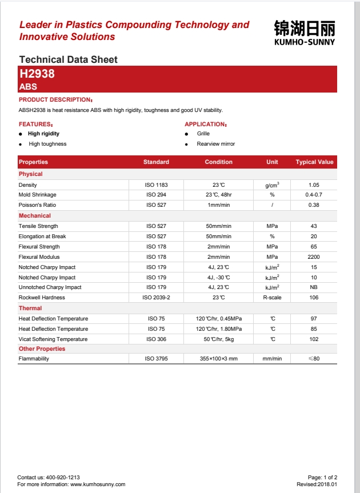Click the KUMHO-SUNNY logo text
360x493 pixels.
click(x=305, y=42)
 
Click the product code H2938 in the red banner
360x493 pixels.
click(x=37, y=74)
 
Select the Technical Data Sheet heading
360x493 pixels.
click(x=68, y=59)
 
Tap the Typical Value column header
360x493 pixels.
click(x=314, y=162)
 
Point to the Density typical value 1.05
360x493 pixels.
click(x=314, y=185)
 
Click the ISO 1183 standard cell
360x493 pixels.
click(x=156, y=185)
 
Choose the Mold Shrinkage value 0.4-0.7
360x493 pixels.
click(x=314, y=195)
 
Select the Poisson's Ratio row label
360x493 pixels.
click(x=37, y=205)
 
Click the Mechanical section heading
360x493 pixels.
click(x=35, y=216)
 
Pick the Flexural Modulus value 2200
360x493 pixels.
click(x=314, y=257)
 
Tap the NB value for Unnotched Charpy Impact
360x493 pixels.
click(x=314, y=287)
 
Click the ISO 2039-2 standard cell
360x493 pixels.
click(x=156, y=298)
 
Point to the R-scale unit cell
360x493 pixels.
click(x=272, y=298)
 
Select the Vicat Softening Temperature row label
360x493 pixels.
click(x=53, y=339)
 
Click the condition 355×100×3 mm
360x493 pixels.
click(x=219, y=359)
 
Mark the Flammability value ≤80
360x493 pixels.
click(x=314, y=359)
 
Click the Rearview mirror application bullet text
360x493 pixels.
click(x=216, y=144)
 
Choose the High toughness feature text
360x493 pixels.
click(x=47, y=144)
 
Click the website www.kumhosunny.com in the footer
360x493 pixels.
click(x=98, y=484)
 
